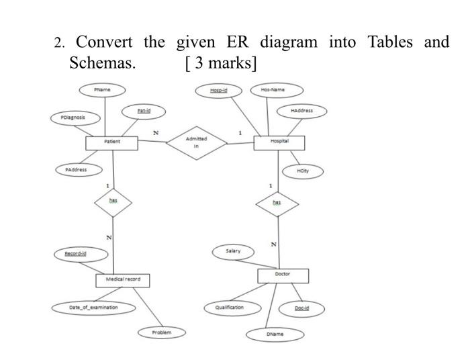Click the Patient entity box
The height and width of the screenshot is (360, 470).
point(111,143)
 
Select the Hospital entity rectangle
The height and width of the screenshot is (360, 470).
point(279,142)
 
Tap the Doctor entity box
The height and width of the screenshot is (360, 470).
point(283,275)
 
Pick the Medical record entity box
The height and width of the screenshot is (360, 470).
point(123,279)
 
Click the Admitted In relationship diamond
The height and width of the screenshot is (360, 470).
point(197,142)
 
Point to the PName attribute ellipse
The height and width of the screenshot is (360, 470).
point(102,89)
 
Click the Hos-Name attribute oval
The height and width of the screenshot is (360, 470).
point(277,89)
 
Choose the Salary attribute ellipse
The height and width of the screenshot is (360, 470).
point(234,251)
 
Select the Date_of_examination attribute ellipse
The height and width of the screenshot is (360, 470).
point(93,307)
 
